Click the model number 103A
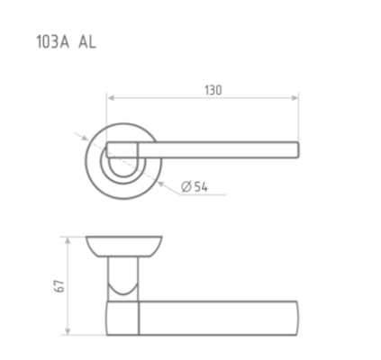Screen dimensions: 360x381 (50, 40)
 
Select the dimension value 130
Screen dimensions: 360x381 (213, 90)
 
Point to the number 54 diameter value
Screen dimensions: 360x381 (200, 187)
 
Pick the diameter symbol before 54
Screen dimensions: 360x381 (185, 187)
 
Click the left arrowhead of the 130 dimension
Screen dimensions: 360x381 (111, 98)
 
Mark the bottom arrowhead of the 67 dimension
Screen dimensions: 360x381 (68, 334)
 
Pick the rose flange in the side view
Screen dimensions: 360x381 (126, 246)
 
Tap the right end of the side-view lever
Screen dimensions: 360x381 (296, 318)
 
